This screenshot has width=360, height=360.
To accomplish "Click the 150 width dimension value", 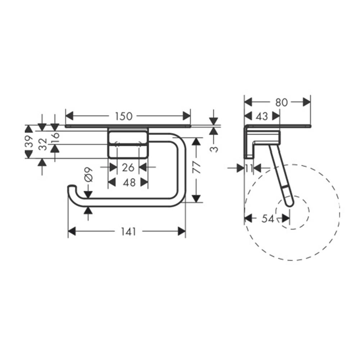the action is coord(123,116).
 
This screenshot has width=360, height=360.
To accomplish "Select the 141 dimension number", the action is coord(129,231).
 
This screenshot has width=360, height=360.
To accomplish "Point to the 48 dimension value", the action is coord(129,183).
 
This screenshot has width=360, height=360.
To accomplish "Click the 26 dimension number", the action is coord(128,168).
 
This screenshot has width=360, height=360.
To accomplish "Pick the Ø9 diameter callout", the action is coord(89,175).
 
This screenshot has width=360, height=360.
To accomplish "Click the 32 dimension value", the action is coord(43,144).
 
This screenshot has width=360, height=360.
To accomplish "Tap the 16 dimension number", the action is coord(55,138).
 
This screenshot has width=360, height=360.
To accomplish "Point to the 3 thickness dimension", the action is coord(214,149).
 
